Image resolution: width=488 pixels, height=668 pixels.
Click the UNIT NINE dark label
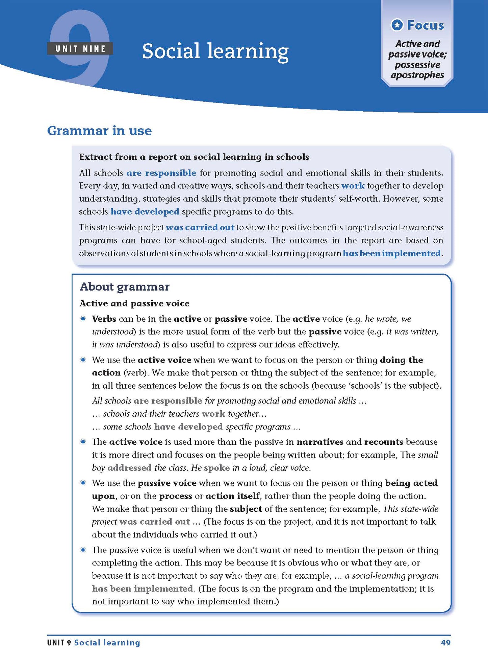80,49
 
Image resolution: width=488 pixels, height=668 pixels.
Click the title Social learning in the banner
215,51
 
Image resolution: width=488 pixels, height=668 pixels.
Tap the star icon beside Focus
397,25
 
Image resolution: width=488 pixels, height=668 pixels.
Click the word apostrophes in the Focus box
417,75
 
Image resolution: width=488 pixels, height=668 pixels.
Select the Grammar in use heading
99,131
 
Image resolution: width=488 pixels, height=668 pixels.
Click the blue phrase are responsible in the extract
161,173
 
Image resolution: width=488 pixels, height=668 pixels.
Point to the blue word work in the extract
353,186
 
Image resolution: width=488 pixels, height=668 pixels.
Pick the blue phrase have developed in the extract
145,212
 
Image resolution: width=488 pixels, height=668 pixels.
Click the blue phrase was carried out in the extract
200,227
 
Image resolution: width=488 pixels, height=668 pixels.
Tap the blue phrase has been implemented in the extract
392,253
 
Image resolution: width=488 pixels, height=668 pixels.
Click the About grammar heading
125,287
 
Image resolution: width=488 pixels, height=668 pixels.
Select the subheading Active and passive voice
134,303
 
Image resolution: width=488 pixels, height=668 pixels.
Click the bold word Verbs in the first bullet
104,319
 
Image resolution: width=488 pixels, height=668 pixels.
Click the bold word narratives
320,442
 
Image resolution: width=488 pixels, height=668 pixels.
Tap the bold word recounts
384,442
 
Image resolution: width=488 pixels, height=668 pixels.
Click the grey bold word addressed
129,468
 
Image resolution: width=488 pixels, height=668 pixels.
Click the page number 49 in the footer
445,643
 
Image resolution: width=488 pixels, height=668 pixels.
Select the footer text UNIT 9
59,643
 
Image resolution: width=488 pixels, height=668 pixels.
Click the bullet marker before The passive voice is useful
83,550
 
